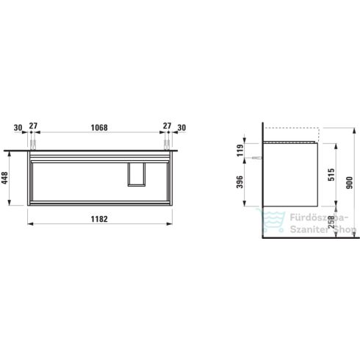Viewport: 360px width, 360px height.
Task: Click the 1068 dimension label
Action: pos(99,128)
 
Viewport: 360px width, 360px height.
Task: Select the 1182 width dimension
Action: pos(99,219)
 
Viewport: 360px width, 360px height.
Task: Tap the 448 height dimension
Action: pos(4,178)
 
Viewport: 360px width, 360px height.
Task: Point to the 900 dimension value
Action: pos(350,182)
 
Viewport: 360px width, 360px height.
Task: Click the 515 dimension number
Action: pos(331,174)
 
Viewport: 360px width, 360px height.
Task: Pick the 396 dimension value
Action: pos(240,181)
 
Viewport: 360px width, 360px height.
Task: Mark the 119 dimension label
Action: pos(240,150)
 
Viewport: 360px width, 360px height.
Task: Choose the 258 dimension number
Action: pos(331,222)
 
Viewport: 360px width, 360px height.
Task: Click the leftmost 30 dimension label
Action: pos(18,128)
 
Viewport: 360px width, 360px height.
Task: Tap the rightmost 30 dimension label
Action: pos(181,128)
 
